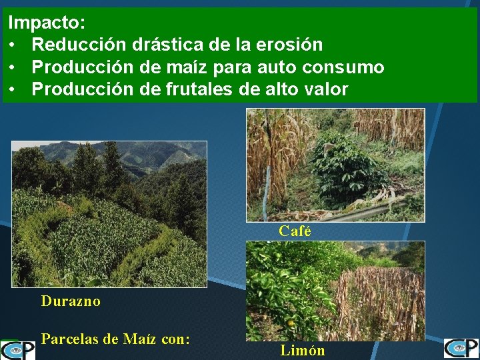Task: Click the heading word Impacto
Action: (45, 23)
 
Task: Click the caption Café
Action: (295, 231)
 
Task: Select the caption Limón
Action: (303, 350)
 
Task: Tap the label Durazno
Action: (71, 301)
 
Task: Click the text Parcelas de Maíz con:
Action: (115, 339)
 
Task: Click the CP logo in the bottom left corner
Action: (17, 349)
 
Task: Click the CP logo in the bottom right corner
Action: (461, 349)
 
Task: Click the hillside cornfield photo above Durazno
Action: (109, 213)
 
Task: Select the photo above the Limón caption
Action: (335, 291)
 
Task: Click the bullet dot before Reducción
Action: (13, 45)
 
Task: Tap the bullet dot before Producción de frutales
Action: (13, 90)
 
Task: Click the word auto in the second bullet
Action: (273, 67)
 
